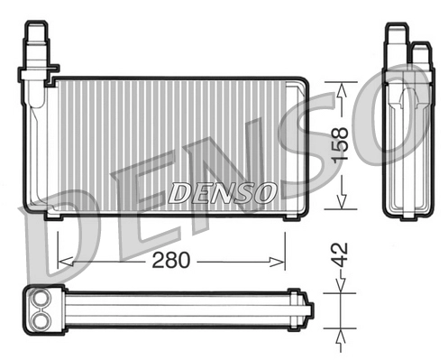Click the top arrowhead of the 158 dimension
(342, 86)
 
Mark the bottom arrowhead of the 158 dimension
(342, 204)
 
